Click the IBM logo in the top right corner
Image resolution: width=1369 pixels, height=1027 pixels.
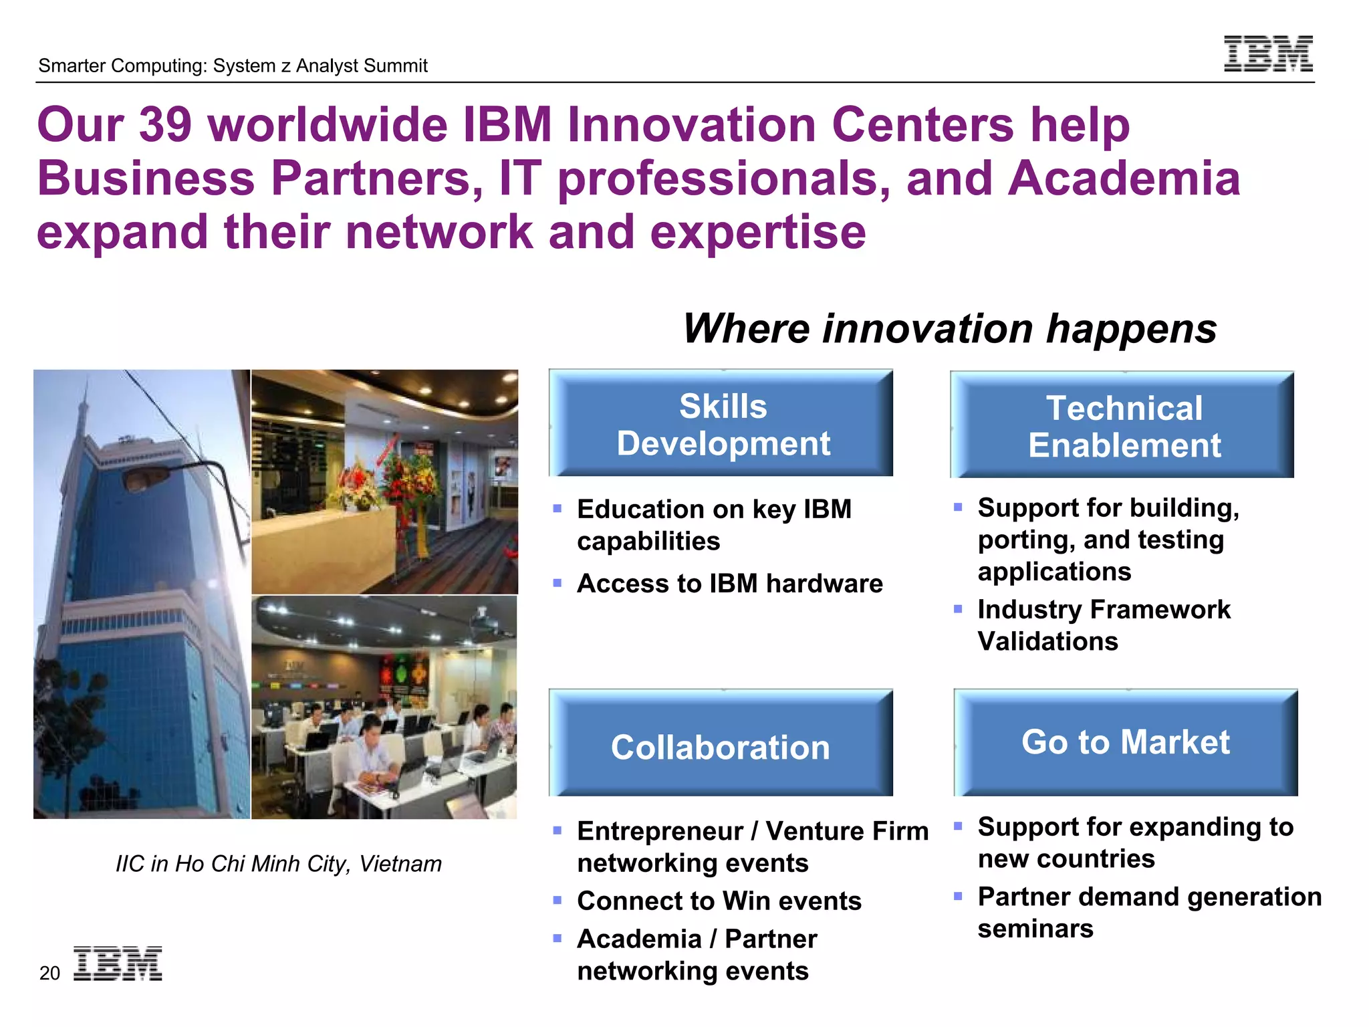point(1267,53)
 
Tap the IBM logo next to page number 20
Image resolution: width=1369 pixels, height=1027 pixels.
point(118,963)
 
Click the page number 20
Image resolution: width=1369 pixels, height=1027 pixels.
point(49,973)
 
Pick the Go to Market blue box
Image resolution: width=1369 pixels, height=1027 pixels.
point(1125,742)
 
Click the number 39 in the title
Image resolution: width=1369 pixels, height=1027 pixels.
point(165,124)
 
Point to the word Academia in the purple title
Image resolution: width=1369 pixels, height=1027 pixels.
point(1123,179)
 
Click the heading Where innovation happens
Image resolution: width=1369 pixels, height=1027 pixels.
point(949,329)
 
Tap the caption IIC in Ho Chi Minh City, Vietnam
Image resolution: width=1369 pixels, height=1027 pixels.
point(278,864)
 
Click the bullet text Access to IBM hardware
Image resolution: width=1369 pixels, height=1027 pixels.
point(729,584)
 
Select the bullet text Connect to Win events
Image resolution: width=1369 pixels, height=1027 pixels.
point(719,901)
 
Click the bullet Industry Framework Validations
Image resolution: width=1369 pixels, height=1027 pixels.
point(1103,625)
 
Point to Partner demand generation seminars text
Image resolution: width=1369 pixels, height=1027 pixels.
point(1148,912)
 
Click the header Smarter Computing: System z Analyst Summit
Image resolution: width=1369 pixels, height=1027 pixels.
point(233,66)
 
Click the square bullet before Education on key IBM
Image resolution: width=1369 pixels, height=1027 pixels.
point(557,509)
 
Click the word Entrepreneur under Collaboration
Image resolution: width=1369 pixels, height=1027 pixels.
point(659,831)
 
